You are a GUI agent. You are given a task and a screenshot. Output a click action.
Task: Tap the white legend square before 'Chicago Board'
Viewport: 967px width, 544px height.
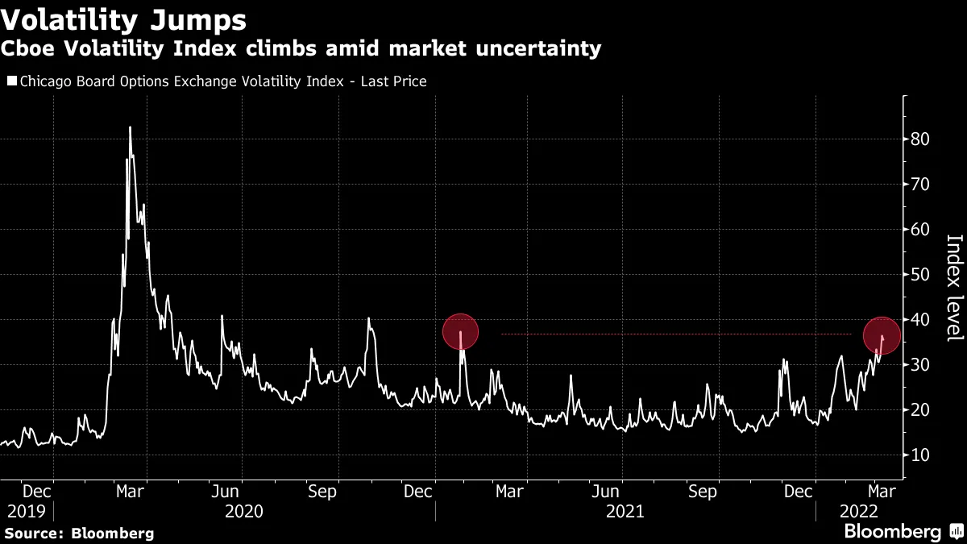(11, 81)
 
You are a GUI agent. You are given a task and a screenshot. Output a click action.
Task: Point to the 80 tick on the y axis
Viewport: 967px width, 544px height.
(920, 139)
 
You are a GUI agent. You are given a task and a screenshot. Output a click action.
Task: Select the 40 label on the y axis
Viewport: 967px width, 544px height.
(920, 320)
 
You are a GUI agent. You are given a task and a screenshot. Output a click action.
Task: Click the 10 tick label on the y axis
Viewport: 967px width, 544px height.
(920, 455)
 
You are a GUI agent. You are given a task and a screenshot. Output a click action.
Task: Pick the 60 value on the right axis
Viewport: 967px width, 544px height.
(920, 230)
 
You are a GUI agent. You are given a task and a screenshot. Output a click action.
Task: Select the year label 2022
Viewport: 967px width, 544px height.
(859, 511)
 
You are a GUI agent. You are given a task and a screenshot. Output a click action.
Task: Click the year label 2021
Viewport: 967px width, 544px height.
(625, 511)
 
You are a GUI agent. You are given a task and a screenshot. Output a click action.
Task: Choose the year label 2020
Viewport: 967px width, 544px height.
(244, 511)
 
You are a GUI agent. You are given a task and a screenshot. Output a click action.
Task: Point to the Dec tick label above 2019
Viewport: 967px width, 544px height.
(38, 491)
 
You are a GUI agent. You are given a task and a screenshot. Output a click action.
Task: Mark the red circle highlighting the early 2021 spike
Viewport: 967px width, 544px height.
(461, 331)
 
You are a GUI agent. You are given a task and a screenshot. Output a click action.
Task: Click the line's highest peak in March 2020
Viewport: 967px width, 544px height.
(130, 127)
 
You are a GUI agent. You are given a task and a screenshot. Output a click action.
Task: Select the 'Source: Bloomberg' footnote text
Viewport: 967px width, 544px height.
(79, 533)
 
